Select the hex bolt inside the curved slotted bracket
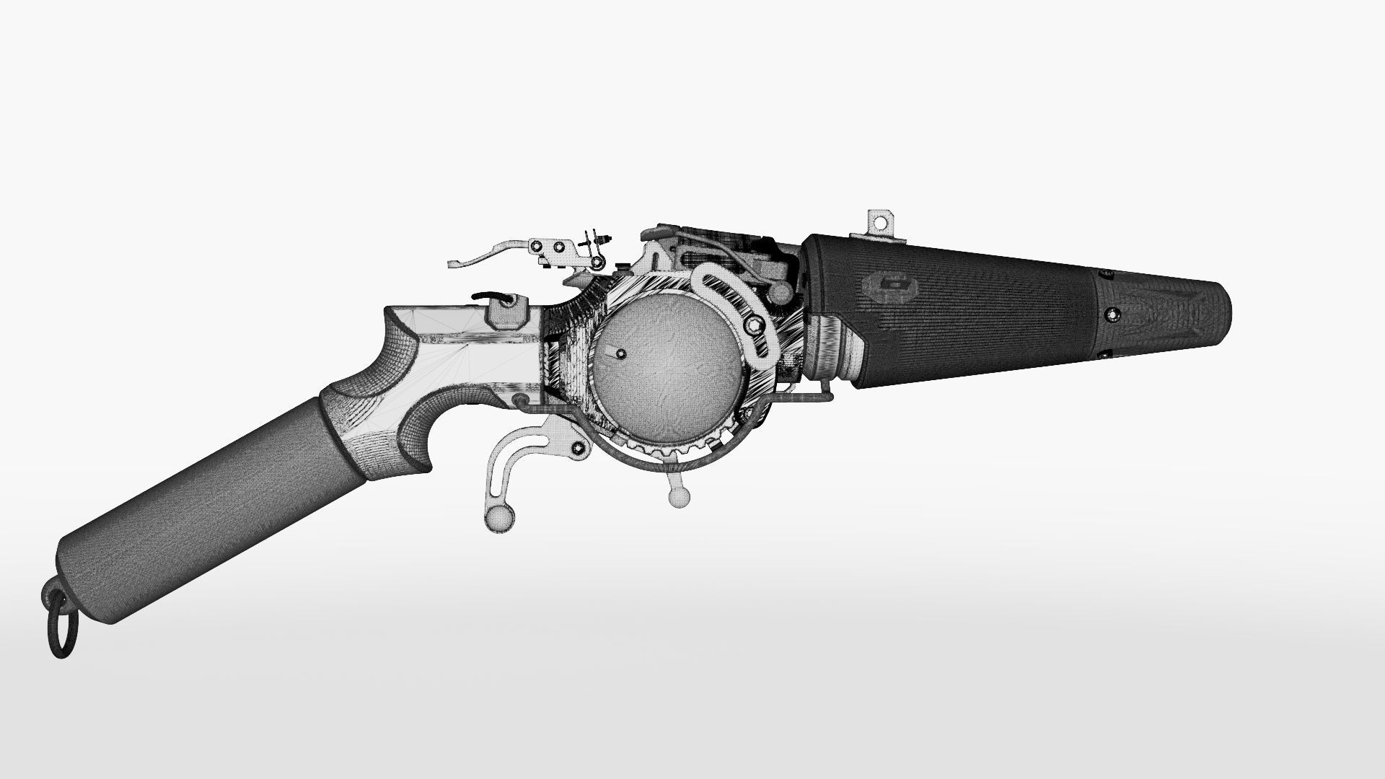pyautogui.click(x=755, y=326)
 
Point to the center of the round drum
pyautogui.click(x=667, y=361)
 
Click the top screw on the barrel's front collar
pyautogui.click(x=1103, y=273)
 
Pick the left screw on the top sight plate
pyautogui.click(x=537, y=248)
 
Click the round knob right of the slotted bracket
pyautogui.click(x=781, y=291)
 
